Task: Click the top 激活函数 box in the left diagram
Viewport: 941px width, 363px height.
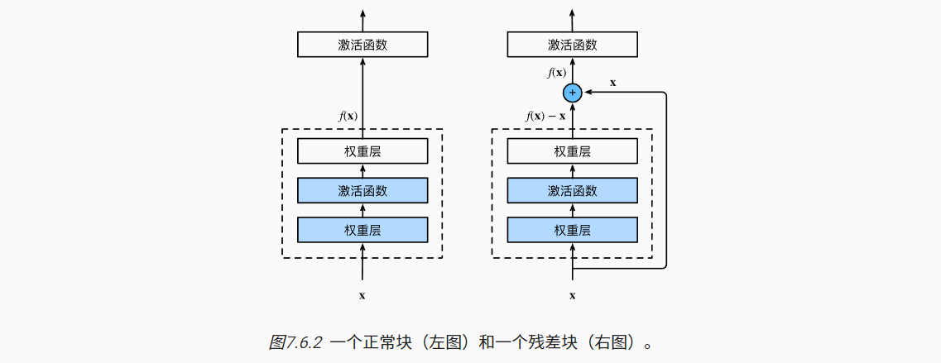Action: [x=362, y=45]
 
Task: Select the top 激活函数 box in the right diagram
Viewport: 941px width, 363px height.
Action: [x=572, y=45]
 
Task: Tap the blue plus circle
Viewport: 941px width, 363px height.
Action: [x=572, y=93]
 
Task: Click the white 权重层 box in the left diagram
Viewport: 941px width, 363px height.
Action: [x=362, y=151]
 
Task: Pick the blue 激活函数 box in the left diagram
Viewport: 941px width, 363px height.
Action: [x=362, y=190]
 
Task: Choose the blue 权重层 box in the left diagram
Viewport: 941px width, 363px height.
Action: [x=362, y=229]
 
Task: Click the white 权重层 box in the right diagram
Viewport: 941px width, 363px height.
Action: [x=572, y=151]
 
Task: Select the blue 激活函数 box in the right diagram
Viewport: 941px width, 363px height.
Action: [x=572, y=190]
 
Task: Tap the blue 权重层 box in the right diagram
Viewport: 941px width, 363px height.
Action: [x=572, y=229]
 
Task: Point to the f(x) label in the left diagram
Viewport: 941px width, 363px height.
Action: [x=348, y=117]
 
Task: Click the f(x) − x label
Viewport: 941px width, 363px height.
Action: [x=545, y=117]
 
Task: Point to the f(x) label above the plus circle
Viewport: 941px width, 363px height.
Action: [x=556, y=73]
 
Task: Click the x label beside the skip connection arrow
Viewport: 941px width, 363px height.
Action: [x=612, y=82]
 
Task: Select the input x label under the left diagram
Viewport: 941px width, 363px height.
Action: [x=362, y=294]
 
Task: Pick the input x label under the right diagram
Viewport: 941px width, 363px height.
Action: [x=572, y=294]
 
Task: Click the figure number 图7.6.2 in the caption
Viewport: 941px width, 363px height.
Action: [x=296, y=342]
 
